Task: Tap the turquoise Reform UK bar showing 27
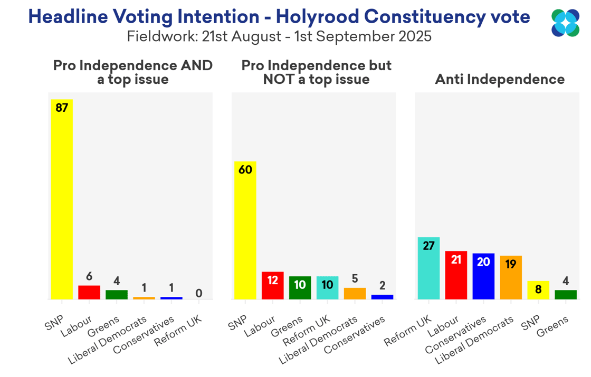(428, 268)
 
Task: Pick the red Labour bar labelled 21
(456, 275)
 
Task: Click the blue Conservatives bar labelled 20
(483, 276)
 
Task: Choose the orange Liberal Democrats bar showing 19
(511, 277)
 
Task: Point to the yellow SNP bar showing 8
(538, 290)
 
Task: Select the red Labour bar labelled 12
(272, 285)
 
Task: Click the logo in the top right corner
(565, 23)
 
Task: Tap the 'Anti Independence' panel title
(500, 80)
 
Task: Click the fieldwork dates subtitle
(279, 36)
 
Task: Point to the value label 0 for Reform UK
(199, 293)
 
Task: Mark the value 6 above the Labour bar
(89, 277)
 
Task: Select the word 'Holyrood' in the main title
(316, 17)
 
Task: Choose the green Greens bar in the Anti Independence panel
(566, 294)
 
